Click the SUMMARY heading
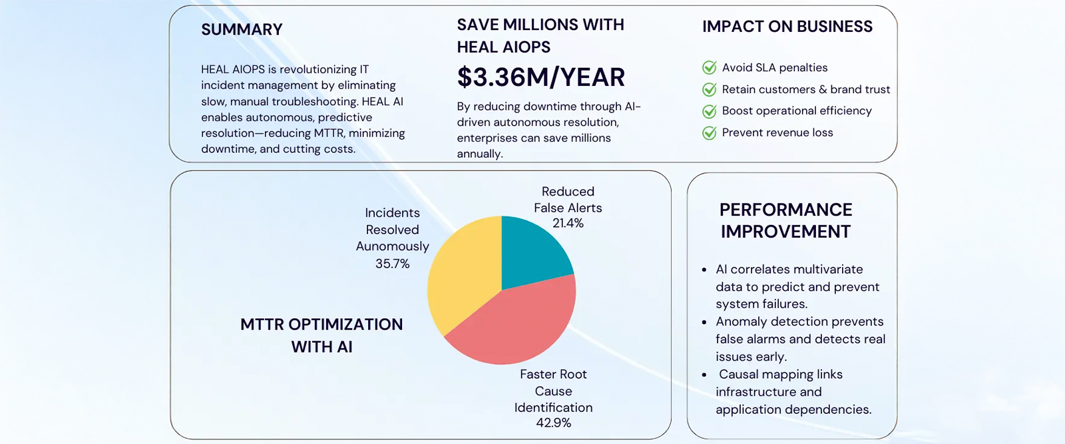(x=242, y=30)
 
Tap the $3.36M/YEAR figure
(x=540, y=77)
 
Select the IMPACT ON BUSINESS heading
(x=787, y=27)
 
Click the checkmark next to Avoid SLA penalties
(x=710, y=68)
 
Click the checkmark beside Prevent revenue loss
(x=710, y=133)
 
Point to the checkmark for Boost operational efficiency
(x=710, y=111)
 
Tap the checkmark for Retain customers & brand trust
(x=710, y=90)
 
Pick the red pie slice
(x=519, y=323)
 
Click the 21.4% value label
(x=568, y=224)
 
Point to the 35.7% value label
(x=392, y=264)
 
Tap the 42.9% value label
(x=553, y=423)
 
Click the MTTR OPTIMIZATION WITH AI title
(x=321, y=335)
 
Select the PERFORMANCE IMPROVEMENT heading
(x=785, y=220)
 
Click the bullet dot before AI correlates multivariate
(x=704, y=270)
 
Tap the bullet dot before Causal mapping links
(x=704, y=375)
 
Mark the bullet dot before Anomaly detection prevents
(x=704, y=323)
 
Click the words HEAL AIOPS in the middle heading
(x=503, y=47)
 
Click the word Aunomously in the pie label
(x=392, y=246)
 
